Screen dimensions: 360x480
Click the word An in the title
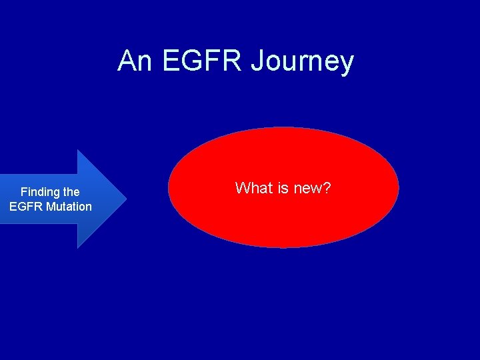135,61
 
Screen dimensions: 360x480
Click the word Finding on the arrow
41,192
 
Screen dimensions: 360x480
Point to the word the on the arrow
71,192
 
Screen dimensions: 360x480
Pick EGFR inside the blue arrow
26,207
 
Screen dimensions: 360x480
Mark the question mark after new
327,188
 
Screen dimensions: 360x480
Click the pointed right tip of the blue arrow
125,199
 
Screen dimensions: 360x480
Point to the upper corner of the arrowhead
78,151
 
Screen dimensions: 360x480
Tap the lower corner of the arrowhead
78,247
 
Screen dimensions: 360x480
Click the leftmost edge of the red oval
169,187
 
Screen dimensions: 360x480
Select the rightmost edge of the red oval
398,187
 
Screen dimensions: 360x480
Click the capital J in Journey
257,61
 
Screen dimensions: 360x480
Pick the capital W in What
242,188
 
